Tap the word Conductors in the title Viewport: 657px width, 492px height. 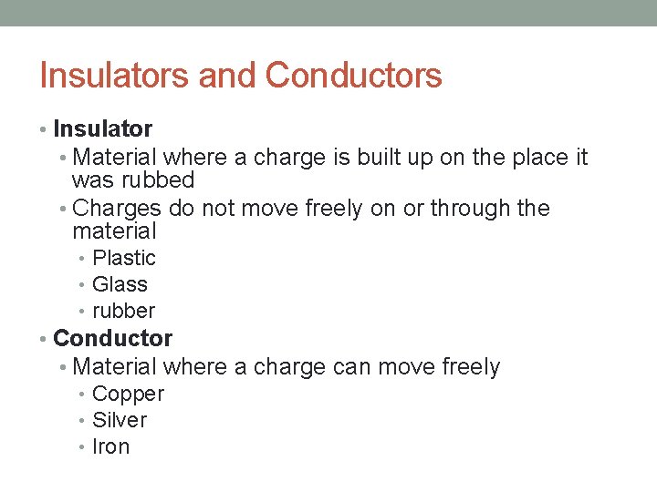[353, 76]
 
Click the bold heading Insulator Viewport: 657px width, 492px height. [102, 129]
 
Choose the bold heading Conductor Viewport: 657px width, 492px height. [113, 338]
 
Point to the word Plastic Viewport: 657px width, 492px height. [124, 259]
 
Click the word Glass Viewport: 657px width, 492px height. [120, 284]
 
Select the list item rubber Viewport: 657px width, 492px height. [124, 311]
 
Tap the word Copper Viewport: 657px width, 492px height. [128, 394]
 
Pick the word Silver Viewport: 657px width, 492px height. [120, 420]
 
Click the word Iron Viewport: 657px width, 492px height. [111, 446]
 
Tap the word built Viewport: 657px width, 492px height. [383, 158]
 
